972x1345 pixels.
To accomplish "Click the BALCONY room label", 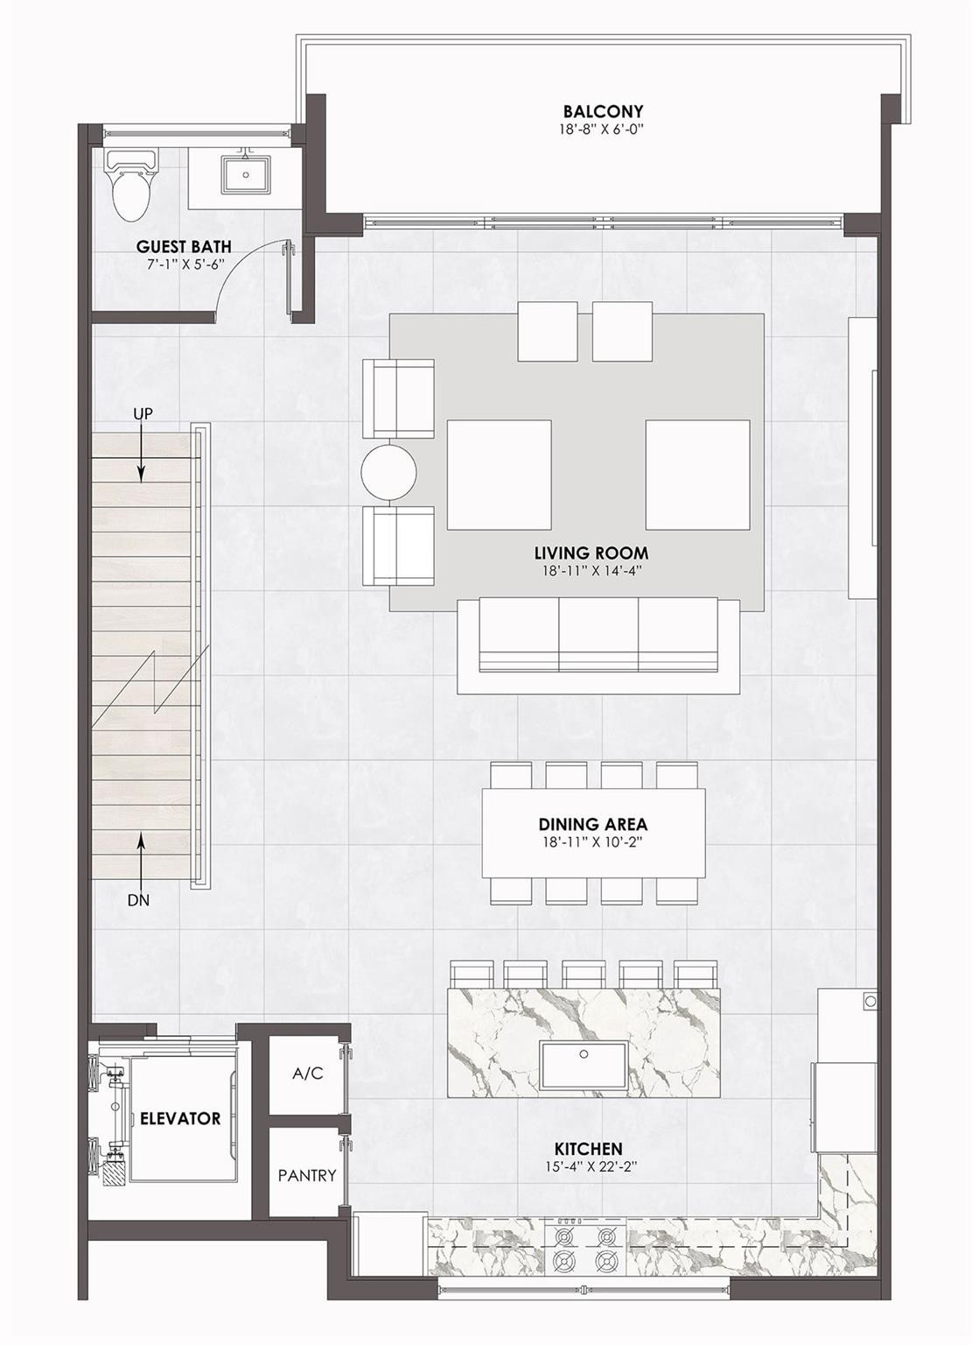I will (x=603, y=111).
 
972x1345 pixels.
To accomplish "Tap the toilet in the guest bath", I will (x=131, y=186).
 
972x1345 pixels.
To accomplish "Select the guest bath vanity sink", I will (x=245, y=174).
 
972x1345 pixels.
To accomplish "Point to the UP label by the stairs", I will (x=143, y=412).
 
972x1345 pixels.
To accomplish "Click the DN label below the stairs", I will (x=138, y=899).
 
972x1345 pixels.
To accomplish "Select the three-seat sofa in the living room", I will (x=598, y=645).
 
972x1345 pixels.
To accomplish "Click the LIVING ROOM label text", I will (x=591, y=553).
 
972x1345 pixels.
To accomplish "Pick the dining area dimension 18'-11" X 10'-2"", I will (x=592, y=842).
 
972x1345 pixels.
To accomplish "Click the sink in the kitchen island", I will (x=584, y=1065).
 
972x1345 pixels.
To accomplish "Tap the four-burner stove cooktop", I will (x=582, y=1249).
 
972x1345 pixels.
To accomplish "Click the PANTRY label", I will (x=307, y=1175).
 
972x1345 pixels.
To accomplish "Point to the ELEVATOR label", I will (x=180, y=1118).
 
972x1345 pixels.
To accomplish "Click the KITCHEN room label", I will (x=588, y=1148).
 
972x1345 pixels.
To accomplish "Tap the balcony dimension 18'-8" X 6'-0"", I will (x=603, y=130).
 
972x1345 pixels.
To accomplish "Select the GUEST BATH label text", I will (x=184, y=247).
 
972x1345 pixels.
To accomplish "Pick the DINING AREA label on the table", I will (x=592, y=824).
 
